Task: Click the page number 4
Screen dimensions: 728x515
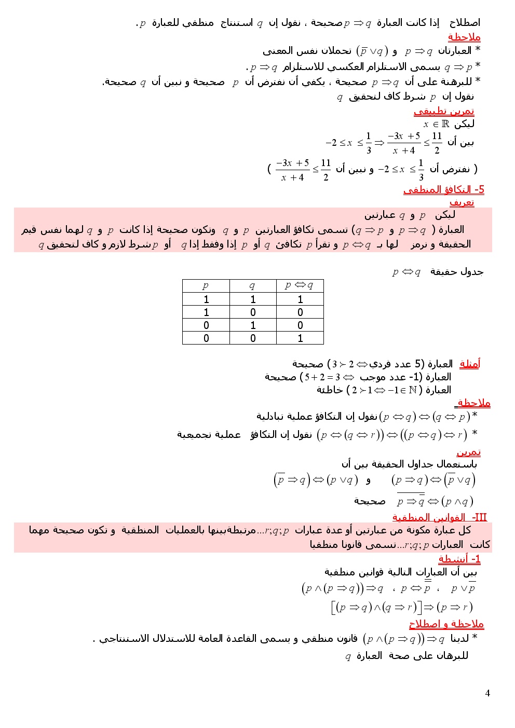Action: [487, 693]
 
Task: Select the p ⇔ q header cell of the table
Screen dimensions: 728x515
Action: [300, 285]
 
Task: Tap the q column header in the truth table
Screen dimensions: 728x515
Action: [252, 285]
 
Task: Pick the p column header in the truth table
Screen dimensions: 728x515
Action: [206, 285]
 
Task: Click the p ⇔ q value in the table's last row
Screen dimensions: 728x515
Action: [300, 338]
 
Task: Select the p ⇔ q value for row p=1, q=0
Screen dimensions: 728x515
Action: [300, 312]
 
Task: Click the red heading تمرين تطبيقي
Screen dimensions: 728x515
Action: [443, 111]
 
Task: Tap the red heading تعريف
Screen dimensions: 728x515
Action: [462, 202]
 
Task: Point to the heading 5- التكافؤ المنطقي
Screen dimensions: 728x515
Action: [443, 190]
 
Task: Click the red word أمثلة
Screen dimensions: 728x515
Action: [470, 364]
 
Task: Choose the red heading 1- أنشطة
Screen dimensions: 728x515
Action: [459, 559]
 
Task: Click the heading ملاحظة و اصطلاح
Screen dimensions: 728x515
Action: [446, 624]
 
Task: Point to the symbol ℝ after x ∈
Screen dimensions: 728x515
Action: [445, 124]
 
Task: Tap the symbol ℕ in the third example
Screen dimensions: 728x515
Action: [413, 390]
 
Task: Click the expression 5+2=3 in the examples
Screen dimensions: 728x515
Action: [322, 377]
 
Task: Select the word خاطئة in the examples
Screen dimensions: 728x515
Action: [330, 390]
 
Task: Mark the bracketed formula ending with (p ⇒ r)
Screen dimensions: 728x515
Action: [402, 607]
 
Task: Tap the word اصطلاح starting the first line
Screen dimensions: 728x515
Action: [465, 23]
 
